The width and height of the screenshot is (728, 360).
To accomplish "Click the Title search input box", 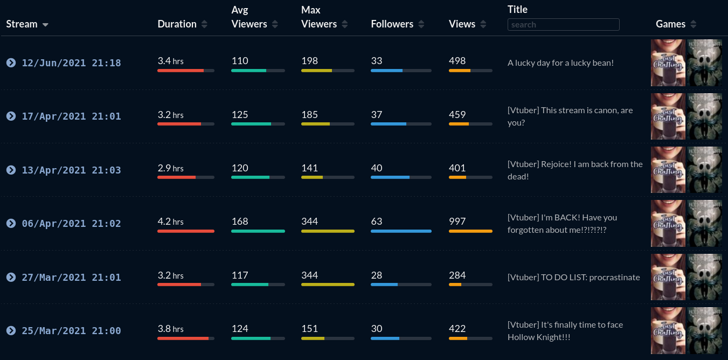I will [563, 24].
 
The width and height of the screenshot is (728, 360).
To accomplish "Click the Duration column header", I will [177, 24].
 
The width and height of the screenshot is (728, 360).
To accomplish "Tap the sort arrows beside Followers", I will [421, 24].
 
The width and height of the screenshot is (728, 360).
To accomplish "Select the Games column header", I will [670, 24].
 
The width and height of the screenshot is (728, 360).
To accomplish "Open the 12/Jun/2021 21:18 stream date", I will [71, 63].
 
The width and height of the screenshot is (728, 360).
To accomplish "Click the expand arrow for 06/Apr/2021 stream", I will [11, 223].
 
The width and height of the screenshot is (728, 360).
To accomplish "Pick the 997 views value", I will [457, 221].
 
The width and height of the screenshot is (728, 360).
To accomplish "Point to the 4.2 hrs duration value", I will [170, 221].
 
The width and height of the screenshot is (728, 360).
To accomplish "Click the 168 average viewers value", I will [240, 221].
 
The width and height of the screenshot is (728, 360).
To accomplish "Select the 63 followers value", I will [376, 221].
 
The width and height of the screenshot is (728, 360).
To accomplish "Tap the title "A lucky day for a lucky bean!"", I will [560, 63].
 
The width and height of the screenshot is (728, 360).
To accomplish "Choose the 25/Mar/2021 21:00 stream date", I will [71, 331].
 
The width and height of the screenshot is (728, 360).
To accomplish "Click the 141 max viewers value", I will [309, 168].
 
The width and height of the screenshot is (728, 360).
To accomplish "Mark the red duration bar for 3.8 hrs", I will [183, 338].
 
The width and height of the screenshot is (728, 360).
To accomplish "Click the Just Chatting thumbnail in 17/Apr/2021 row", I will [668, 116].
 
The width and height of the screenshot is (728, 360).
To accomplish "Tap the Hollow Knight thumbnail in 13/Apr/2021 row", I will [704, 170].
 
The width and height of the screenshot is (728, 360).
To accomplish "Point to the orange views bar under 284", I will [455, 285].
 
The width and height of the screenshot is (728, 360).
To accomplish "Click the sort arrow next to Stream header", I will [45, 25].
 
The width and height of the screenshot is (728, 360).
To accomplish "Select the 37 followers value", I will [376, 114].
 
